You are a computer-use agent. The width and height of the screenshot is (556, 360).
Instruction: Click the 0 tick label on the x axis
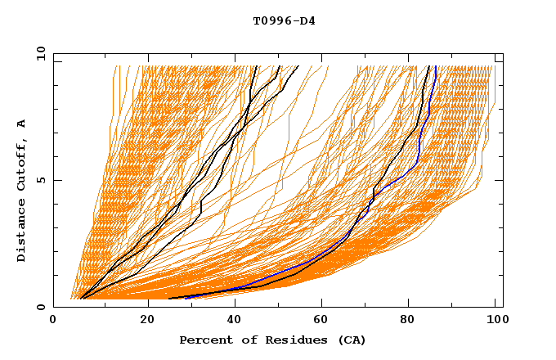coord(53,321)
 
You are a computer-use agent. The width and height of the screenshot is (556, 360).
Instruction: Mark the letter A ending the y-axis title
coord(21,124)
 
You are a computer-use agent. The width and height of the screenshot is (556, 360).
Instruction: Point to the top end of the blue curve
coord(436,67)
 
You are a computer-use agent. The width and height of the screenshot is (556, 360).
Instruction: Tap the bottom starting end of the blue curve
coord(186,298)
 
